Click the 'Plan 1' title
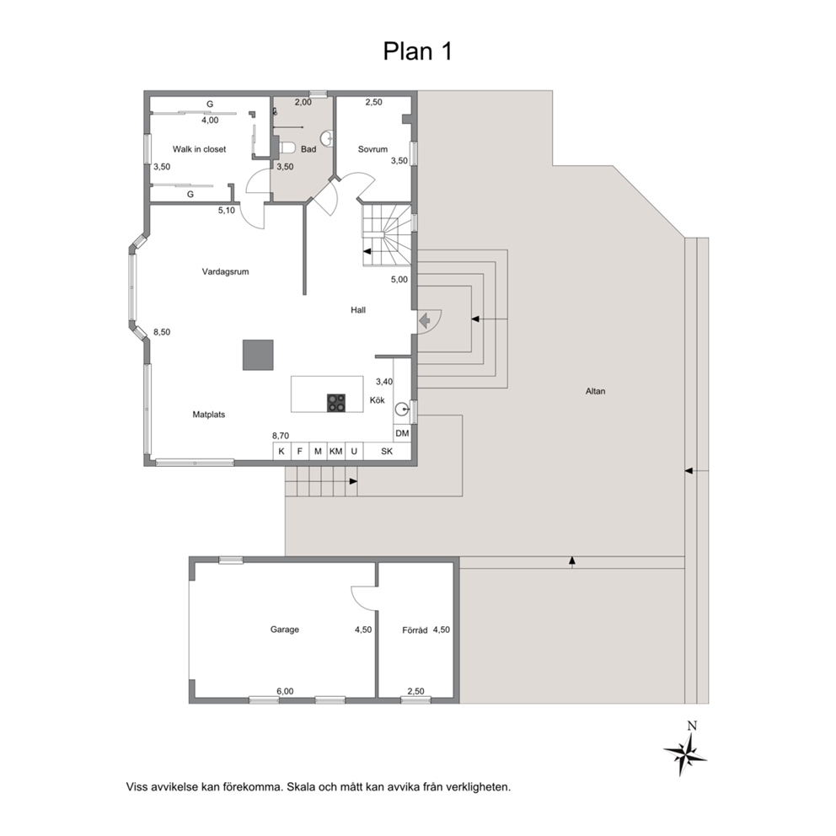coord(417,51)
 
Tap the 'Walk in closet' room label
coord(199,149)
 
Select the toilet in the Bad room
coord(287,147)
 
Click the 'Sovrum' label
coord(372,149)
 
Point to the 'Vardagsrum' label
coord(225,271)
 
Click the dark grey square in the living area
coord(258,355)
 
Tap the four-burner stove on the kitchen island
coord(336,403)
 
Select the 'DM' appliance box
coord(402,433)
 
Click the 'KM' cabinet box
coord(336,451)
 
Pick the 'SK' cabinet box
coord(387,451)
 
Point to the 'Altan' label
coord(596,391)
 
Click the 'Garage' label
coord(284,630)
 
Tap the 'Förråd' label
coord(415,630)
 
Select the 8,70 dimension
coord(281,437)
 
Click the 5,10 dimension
coord(226,211)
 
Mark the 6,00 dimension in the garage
coord(285,692)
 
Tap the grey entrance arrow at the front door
coord(425,321)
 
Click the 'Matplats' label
coord(208,415)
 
